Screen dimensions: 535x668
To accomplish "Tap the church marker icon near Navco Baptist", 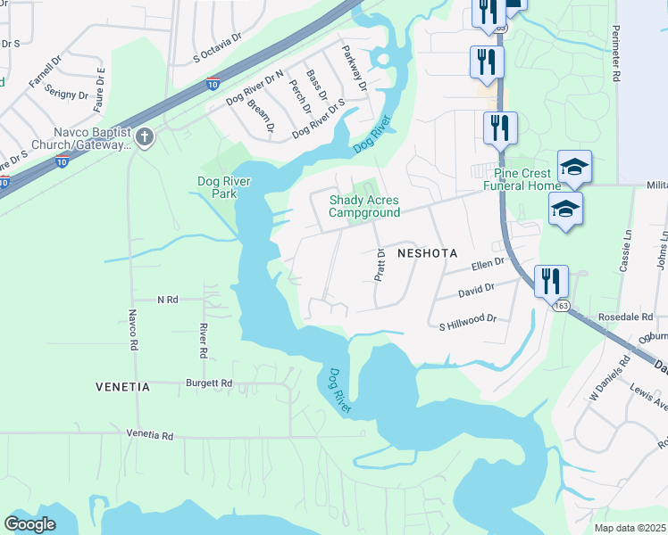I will pos(144,138).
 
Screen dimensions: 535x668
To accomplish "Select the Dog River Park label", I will pos(223,187).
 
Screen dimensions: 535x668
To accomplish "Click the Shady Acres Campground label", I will pos(363,206).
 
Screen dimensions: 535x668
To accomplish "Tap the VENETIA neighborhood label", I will pos(123,388).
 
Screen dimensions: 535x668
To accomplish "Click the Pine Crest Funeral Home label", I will pos(522,179).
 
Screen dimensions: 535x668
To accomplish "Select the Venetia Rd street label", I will pos(150,435).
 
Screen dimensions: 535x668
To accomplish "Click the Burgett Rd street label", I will pos(209,383).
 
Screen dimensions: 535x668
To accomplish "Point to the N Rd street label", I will pos(167,300).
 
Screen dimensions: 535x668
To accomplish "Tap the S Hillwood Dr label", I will pos(467,318).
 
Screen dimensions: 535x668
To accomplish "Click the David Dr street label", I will pos(475,290).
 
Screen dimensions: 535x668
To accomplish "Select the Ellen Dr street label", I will pos(487,265).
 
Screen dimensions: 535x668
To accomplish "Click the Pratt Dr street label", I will pos(380,265).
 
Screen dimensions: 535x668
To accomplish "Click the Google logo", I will pos(29,524).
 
